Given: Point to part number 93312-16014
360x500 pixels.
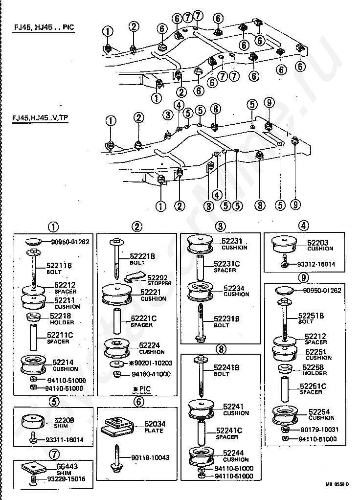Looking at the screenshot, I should (x=316, y=264).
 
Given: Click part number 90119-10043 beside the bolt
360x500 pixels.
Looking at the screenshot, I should (x=150, y=457).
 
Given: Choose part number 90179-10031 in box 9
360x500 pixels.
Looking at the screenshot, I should (x=320, y=430).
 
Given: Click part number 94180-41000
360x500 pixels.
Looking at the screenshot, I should (x=151, y=374).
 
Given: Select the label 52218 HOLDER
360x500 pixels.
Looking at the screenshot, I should (x=60, y=319).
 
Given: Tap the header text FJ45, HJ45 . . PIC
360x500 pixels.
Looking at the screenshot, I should (x=44, y=28).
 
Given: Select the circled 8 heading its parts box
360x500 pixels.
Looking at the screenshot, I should (x=222, y=349).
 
